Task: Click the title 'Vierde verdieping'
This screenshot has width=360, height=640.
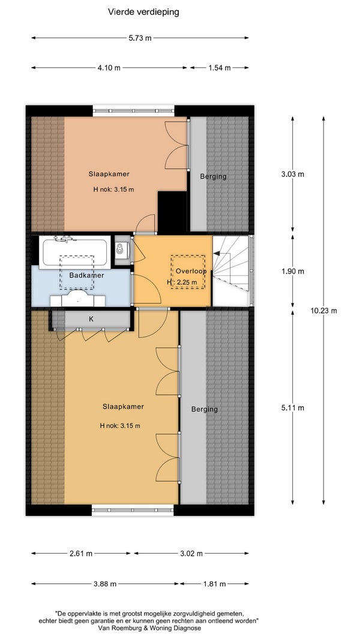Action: [x=143, y=12]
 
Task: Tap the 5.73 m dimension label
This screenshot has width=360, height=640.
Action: [x=140, y=38]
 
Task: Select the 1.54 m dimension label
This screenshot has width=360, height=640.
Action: [x=220, y=68]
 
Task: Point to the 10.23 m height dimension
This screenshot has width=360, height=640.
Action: [x=323, y=311]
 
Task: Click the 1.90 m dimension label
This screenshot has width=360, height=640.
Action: [x=293, y=272]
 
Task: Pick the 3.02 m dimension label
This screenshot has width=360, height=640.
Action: [x=191, y=554]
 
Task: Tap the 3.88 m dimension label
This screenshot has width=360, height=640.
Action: [x=105, y=584]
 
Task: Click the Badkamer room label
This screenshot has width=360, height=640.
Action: [x=86, y=275]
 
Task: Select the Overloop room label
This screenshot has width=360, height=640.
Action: [x=191, y=271]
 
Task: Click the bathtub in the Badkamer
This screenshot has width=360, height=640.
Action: [x=75, y=253]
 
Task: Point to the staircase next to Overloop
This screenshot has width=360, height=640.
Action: [x=231, y=271]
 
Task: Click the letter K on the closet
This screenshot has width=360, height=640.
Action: [x=91, y=319]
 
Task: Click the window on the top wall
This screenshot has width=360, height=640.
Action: [x=133, y=110]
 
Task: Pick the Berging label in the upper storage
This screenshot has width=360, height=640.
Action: [x=213, y=177]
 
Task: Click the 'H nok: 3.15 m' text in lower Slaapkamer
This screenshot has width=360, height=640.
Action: [x=120, y=426]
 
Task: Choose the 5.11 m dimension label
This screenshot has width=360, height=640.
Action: [x=293, y=408]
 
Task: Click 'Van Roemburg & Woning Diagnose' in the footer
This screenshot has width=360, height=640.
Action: [x=149, y=628]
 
